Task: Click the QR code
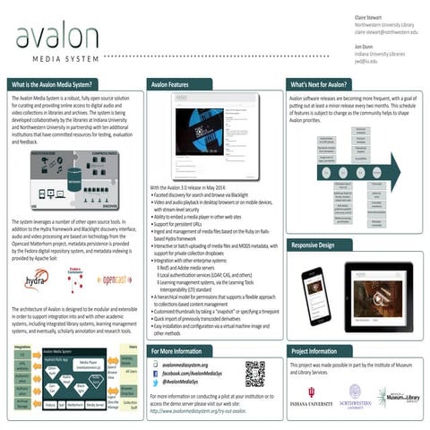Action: tap(255, 373)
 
